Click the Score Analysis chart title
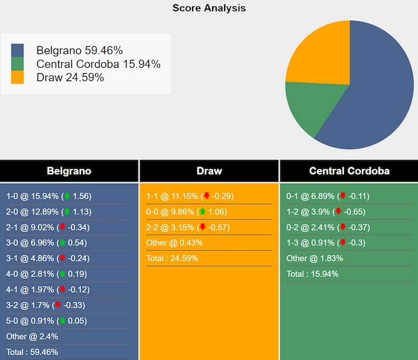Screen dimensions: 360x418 tap(209, 8)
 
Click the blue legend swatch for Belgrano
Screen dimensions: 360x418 tap(18, 50)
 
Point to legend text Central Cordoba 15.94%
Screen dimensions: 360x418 tap(98, 64)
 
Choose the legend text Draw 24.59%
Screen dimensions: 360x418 tap(70, 77)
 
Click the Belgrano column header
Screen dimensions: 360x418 tap(69, 171)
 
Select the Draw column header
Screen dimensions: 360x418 tap(209, 171)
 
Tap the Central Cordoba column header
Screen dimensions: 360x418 tap(349, 171)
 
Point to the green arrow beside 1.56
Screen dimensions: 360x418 tap(67, 196)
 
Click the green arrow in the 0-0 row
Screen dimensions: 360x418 tap(202, 212)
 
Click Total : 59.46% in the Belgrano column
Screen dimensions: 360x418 tap(32, 352)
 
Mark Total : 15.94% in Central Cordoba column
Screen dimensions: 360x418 tap(312, 274)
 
